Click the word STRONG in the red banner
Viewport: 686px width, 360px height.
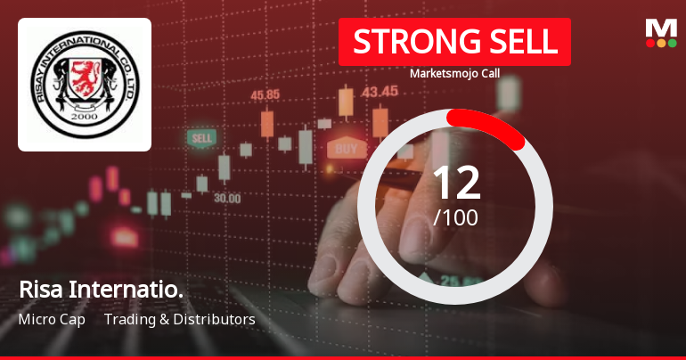[x=405, y=42]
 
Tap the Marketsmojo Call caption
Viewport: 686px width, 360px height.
[x=454, y=74]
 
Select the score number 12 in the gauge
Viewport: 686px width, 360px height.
[x=455, y=183]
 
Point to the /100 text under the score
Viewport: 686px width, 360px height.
[x=455, y=217]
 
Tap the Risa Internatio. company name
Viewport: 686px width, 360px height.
[x=100, y=290]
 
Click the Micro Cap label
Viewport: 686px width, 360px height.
[x=52, y=319]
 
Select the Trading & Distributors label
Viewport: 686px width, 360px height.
[x=179, y=319]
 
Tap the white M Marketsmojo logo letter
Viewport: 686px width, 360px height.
[x=661, y=28]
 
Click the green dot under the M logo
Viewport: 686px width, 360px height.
[x=673, y=43]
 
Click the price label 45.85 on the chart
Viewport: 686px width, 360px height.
[x=265, y=94]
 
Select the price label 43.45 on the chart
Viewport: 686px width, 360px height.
[x=380, y=91]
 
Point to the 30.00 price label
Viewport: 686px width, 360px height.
[x=226, y=198]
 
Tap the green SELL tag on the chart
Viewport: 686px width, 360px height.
[x=201, y=139]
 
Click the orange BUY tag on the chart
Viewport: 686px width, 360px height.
[x=346, y=148]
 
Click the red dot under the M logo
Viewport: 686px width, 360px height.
[x=650, y=43]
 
